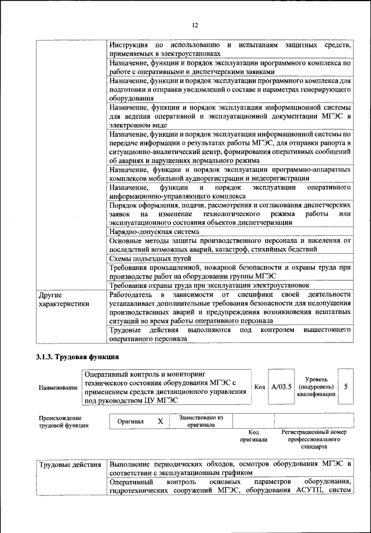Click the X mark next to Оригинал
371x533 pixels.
pos(160,421)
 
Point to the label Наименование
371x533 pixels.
pos(58,387)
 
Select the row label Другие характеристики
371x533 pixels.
pos(63,298)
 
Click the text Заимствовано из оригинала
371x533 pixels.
pos(201,421)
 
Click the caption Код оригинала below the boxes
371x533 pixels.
pos(253,436)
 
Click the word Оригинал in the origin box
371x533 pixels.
pos(130,421)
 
